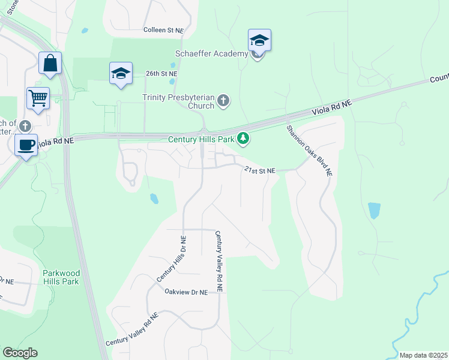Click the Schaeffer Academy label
point(212,54)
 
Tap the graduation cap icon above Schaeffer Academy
point(259,41)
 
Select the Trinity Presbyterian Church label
point(178,101)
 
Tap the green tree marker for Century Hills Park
point(243,139)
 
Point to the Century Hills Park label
point(200,140)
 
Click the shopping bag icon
point(50,63)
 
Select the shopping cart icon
point(38,97)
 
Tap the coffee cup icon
point(26,145)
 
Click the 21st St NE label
point(259,170)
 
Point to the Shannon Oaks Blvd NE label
point(309,150)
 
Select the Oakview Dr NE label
point(186,292)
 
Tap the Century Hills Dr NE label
point(172,259)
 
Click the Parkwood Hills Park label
point(61,277)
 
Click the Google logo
point(20,353)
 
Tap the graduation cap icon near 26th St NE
point(121,74)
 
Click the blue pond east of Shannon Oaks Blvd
point(374,210)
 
